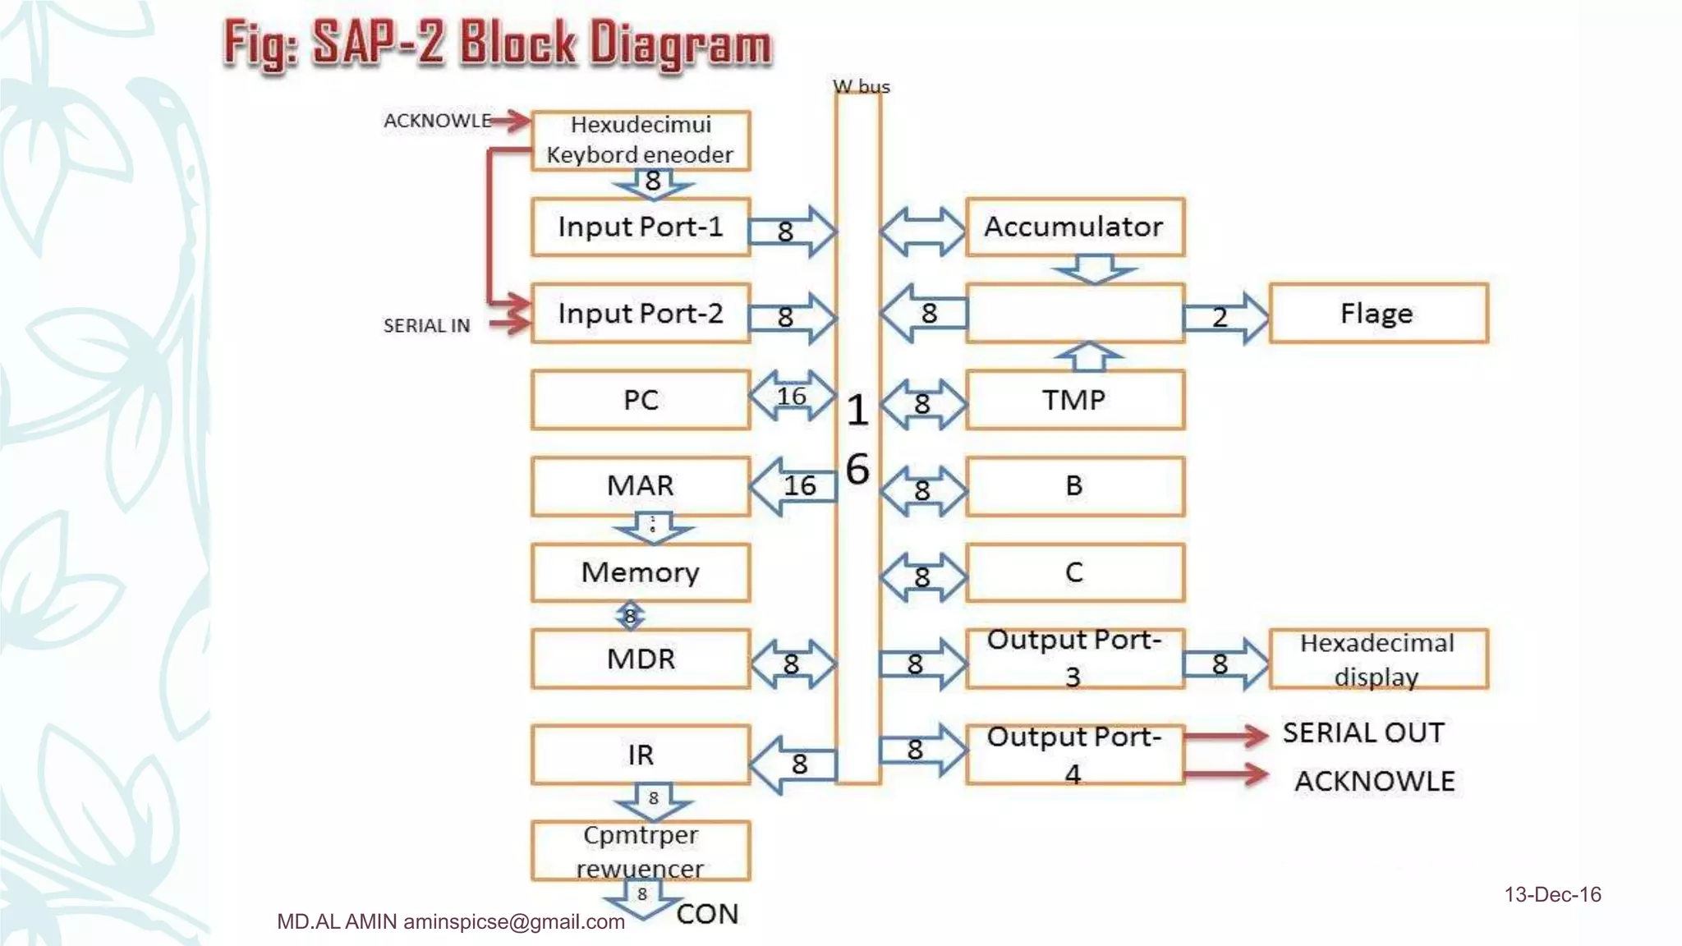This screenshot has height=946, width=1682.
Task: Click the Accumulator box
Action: (1074, 227)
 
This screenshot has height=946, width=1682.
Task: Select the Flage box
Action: (1377, 313)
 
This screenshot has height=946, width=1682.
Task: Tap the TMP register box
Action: (1074, 400)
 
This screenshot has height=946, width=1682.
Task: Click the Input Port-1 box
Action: (640, 227)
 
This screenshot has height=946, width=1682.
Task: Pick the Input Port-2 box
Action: (640, 313)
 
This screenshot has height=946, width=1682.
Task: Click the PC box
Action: (640, 400)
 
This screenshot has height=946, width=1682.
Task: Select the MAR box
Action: (640, 485)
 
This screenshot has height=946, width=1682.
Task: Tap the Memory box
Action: (640, 572)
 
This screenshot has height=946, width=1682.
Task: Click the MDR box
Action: (640, 659)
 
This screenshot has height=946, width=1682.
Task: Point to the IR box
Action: (640, 755)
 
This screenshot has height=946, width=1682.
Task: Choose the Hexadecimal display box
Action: (1377, 659)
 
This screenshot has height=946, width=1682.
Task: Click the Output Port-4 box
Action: (1074, 755)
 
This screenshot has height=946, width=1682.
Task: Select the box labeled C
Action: (1074, 572)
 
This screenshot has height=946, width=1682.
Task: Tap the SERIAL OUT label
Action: (1363, 732)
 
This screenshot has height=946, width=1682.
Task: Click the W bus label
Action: (861, 86)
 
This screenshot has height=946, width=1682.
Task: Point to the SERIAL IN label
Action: (426, 326)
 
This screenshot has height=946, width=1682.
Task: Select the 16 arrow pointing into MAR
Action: (793, 486)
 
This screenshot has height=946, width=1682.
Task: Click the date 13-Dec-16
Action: (1552, 894)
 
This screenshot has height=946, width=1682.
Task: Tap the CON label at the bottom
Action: (707, 914)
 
